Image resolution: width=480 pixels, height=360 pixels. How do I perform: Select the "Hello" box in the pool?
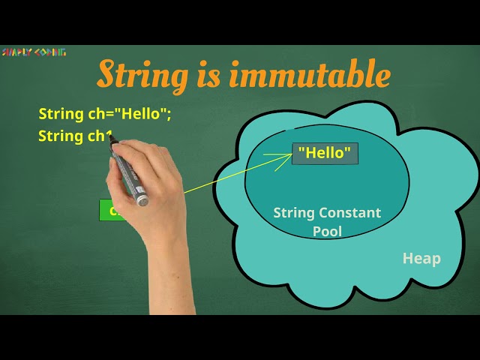pyautogui.click(x=325, y=153)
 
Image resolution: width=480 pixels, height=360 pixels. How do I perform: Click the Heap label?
pyautogui.click(x=421, y=259)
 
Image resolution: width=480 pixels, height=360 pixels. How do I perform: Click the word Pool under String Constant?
pyautogui.click(x=327, y=231)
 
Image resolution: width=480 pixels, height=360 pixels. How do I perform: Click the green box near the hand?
pyautogui.click(x=108, y=210)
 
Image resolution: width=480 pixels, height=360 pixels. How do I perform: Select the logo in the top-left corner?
pyautogui.click(x=34, y=52)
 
